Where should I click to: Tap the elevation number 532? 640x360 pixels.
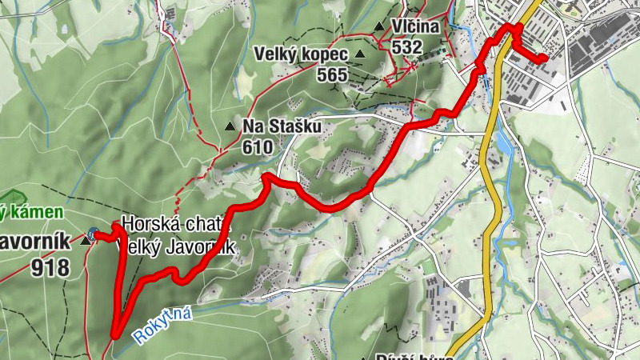(406, 47)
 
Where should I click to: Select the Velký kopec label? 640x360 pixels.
(301, 54)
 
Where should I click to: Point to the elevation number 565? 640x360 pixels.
(331, 75)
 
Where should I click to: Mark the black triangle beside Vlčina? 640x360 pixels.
(378, 27)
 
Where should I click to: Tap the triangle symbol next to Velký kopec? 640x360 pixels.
(360, 54)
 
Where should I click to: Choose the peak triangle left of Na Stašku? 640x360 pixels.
(230, 126)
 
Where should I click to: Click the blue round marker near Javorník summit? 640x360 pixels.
(94, 234)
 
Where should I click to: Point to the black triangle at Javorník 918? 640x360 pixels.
(85, 239)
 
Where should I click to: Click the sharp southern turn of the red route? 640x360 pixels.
(115, 336)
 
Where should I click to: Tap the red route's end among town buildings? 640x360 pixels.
(544, 58)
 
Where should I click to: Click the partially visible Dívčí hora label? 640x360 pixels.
(408, 356)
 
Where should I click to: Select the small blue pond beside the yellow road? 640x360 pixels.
(503, 143)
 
